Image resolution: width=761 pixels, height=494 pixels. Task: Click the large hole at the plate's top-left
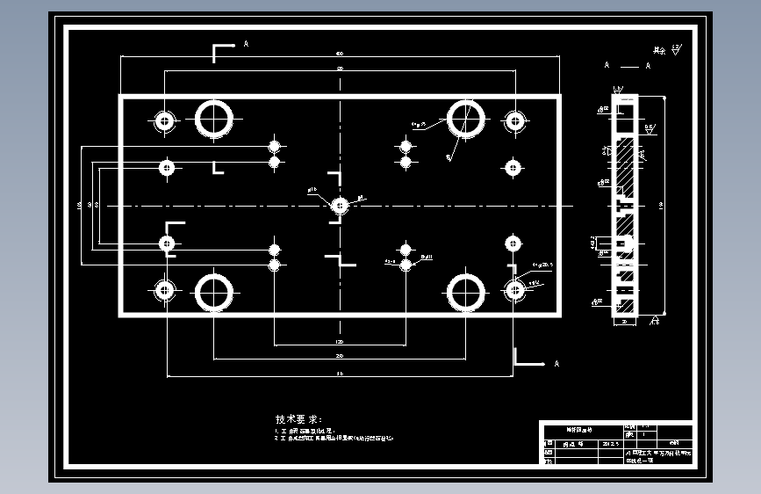point(213,119)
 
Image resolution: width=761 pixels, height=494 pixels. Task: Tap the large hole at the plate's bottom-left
point(213,292)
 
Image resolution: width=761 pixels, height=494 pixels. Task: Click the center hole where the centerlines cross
point(340,206)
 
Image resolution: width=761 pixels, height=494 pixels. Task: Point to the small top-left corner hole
point(165,120)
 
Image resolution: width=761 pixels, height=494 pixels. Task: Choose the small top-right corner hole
point(514,120)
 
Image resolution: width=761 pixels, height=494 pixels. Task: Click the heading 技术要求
point(298,419)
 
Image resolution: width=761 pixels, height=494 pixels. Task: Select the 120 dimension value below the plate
point(340,341)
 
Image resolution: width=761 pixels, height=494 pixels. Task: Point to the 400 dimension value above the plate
point(340,54)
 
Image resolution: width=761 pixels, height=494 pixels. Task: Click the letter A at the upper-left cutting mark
point(246,43)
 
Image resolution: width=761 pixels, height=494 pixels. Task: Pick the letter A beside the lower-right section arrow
point(556,363)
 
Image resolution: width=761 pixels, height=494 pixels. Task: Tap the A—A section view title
point(627,66)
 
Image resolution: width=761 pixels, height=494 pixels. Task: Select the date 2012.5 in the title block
point(608,445)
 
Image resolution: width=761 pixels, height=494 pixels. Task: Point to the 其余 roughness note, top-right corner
point(666,51)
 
